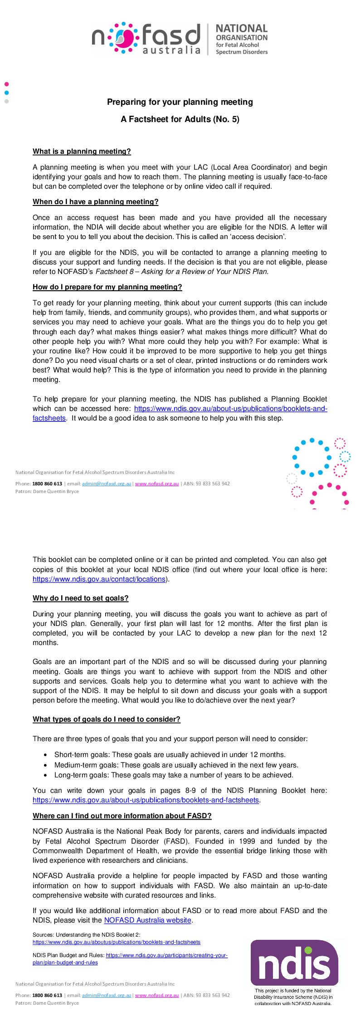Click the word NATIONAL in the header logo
click(x=242, y=29)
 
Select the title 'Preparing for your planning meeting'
click(x=180, y=102)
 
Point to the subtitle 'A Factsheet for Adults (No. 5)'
click(x=180, y=119)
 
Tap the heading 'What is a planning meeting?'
click(x=82, y=151)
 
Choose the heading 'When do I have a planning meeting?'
click(x=95, y=202)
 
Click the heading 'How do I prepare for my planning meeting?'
click(x=107, y=287)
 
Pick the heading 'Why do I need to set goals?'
click(x=80, y=598)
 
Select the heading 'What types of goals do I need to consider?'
click(x=106, y=719)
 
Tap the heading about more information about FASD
click(x=122, y=816)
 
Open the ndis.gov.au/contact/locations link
click(x=99, y=579)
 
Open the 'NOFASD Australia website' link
click(x=147, y=920)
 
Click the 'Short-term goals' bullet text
click(x=170, y=755)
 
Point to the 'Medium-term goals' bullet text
click(x=176, y=765)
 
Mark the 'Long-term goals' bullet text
click(x=173, y=775)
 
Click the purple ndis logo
click(x=294, y=962)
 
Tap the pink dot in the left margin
click(x=6, y=84)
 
